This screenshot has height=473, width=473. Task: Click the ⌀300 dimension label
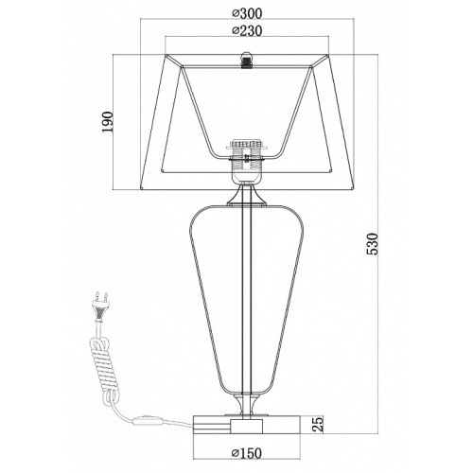click(x=247, y=13)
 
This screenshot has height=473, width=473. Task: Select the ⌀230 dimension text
click(x=247, y=31)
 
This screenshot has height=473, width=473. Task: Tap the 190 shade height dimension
click(x=107, y=122)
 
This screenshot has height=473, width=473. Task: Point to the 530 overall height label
click(x=372, y=244)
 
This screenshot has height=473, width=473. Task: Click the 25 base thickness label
click(x=319, y=424)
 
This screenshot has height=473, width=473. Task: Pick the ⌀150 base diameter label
click(x=247, y=453)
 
